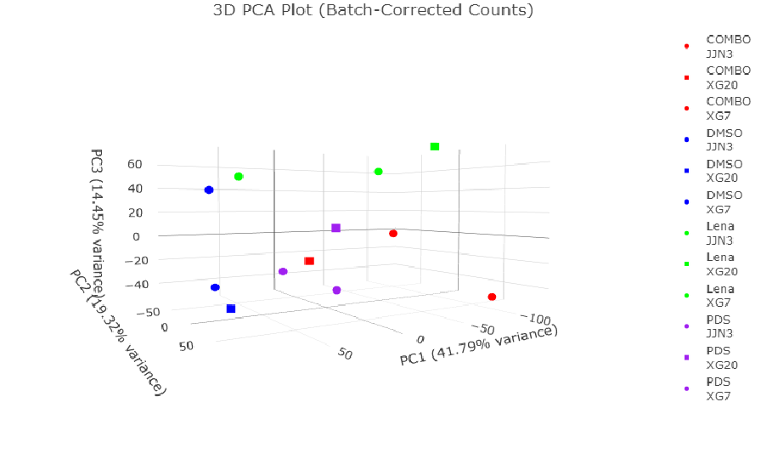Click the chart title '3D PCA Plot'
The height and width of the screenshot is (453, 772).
click(x=373, y=11)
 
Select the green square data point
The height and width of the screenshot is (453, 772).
click(x=435, y=147)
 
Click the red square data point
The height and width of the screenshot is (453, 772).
click(x=309, y=261)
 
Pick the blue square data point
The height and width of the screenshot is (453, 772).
click(x=231, y=309)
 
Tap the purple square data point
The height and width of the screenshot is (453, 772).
click(x=336, y=228)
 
